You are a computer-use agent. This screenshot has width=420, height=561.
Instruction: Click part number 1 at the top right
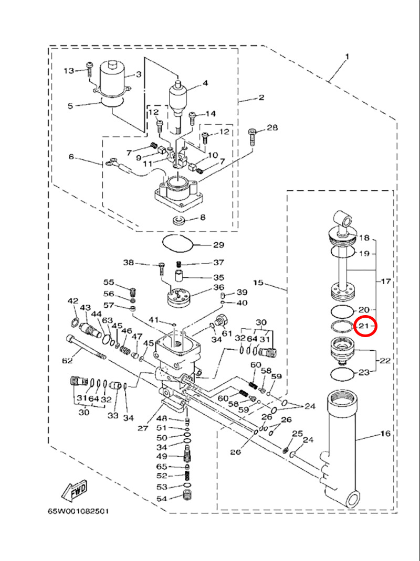click(347, 56)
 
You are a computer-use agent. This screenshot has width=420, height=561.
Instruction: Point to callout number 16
click(386, 434)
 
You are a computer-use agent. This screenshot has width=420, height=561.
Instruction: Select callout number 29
click(218, 245)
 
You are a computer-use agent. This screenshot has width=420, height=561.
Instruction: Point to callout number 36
click(219, 288)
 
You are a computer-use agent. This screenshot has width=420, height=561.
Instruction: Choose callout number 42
click(72, 301)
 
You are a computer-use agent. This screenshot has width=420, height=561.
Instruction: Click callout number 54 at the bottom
click(162, 498)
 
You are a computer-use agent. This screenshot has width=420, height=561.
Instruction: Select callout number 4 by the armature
click(205, 83)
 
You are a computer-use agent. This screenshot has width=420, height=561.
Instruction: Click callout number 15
click(258, 283)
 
